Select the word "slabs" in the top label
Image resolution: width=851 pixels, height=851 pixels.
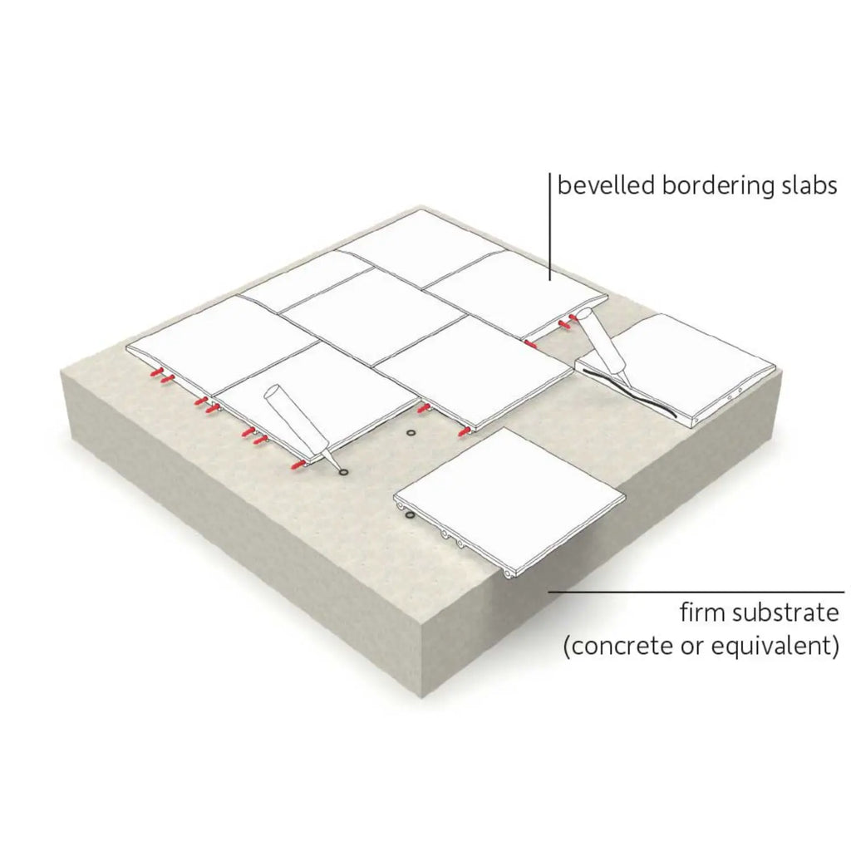coord(806,185)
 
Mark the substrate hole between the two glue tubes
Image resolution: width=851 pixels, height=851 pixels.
coord(409,434)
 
